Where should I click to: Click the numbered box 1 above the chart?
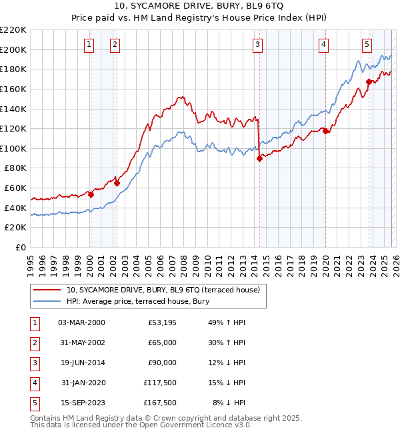pos(89,45)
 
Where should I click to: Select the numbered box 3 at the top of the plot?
pos(257,45)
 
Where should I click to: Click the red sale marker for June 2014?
pos(259,158)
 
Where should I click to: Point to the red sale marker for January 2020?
pos(325,132)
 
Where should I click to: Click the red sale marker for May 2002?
pos(117,183)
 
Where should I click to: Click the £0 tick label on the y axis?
pos(20,247)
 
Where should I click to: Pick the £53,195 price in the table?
pos(160,322)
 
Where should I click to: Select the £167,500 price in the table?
pos(160,403)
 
